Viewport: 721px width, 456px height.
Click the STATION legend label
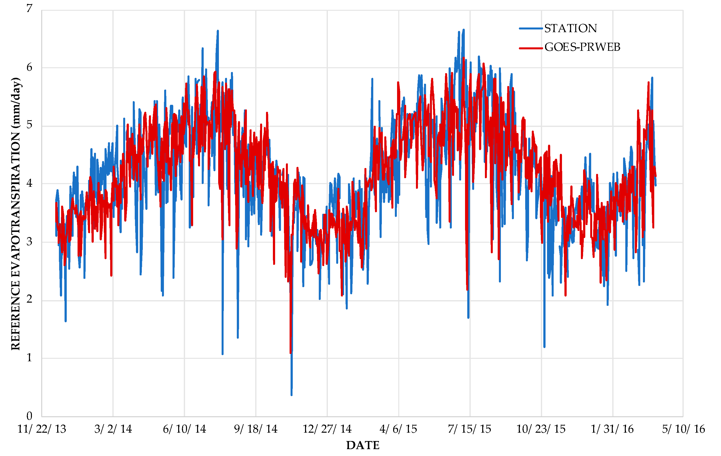570,28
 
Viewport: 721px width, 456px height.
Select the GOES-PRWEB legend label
582,47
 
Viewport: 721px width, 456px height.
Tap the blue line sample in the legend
531,28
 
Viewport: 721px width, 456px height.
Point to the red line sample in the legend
531,48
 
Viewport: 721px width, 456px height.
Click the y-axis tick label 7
29,8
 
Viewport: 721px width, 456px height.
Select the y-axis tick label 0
29,416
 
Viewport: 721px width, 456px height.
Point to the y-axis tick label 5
29,125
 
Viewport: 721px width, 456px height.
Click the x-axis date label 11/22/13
42,429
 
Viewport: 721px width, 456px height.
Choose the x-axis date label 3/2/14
113,429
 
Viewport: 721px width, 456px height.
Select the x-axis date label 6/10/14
185,429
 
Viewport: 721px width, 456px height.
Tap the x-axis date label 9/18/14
256,429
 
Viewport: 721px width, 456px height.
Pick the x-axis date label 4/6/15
398,429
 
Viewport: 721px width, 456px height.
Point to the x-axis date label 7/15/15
469,429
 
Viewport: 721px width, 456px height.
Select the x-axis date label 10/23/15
541,429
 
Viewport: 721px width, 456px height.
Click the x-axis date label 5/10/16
683,429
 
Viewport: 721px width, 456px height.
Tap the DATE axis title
363,445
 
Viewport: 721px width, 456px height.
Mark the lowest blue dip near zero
291,395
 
